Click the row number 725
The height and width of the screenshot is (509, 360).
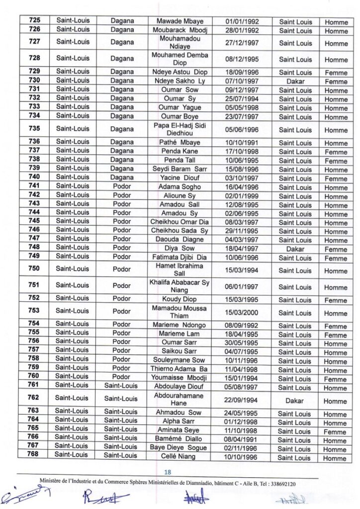tap(34, 21)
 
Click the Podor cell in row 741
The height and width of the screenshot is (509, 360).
tap(122, 186)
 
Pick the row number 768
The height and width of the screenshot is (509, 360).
tap(34, 455)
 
